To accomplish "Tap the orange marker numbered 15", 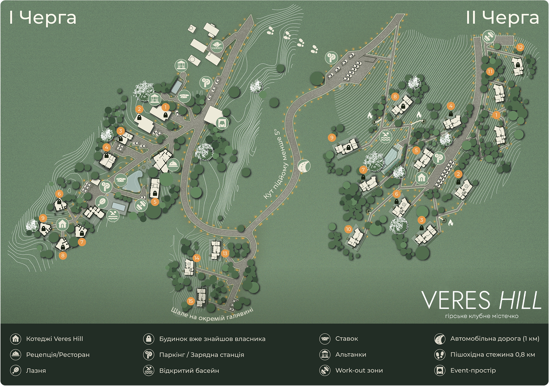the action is tap(190, 301).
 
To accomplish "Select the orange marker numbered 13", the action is tap(225, 253).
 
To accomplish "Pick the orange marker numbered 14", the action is tap(197, 258).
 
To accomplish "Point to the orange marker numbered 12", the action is tap(520, 47).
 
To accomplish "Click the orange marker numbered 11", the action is tap(490, 72).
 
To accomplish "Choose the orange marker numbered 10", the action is tap(348, 229).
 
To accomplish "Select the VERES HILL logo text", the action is tap(481, 300).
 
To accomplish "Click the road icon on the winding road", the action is tap(304, 166).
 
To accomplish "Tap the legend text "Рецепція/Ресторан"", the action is tap(58, 355).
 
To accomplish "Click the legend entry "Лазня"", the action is tap(36, 370).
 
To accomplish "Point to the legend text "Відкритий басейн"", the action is tap(189, 370).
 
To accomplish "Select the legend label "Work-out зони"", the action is tap(359, 370).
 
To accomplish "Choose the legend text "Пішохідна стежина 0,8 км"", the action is tap(492, 355).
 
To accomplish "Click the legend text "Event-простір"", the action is tap(473, 370).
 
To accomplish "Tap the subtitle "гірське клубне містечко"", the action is tap(482, 316).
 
